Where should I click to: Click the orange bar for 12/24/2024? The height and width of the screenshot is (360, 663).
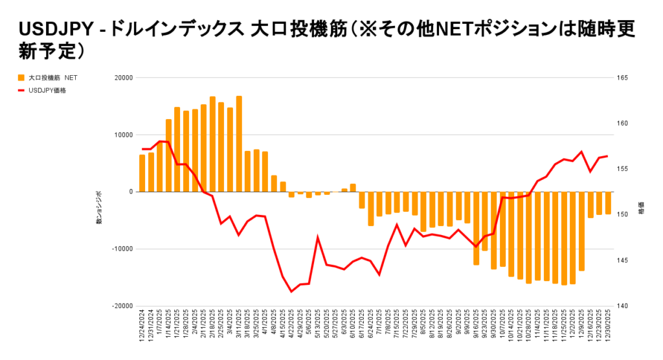point(142,173)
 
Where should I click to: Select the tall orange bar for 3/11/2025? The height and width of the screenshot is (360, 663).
point(239,144)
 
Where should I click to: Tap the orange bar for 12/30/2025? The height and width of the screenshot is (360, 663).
point(608,203)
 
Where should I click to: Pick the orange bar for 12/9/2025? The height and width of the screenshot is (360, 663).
point(581,231)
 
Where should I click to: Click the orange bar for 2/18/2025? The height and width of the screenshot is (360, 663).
point(212,144)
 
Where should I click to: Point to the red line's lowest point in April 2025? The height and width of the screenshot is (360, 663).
point(291,291)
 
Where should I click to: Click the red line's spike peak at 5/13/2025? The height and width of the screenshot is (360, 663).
point(318,237)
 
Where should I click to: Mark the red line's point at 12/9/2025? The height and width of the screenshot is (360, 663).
point(581,152)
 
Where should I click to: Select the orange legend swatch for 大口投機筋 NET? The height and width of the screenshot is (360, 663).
point(21,78)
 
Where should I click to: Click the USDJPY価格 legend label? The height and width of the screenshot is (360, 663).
point(47,91)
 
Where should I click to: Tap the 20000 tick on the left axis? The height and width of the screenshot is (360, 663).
point(122,78)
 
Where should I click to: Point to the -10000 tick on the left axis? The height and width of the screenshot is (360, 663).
point(121,249)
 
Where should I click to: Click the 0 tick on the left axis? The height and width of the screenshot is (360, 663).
point(130,192)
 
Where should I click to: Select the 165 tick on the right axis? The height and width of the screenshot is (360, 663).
point(624,78)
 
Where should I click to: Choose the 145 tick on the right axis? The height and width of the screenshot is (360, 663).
point(624,260)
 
